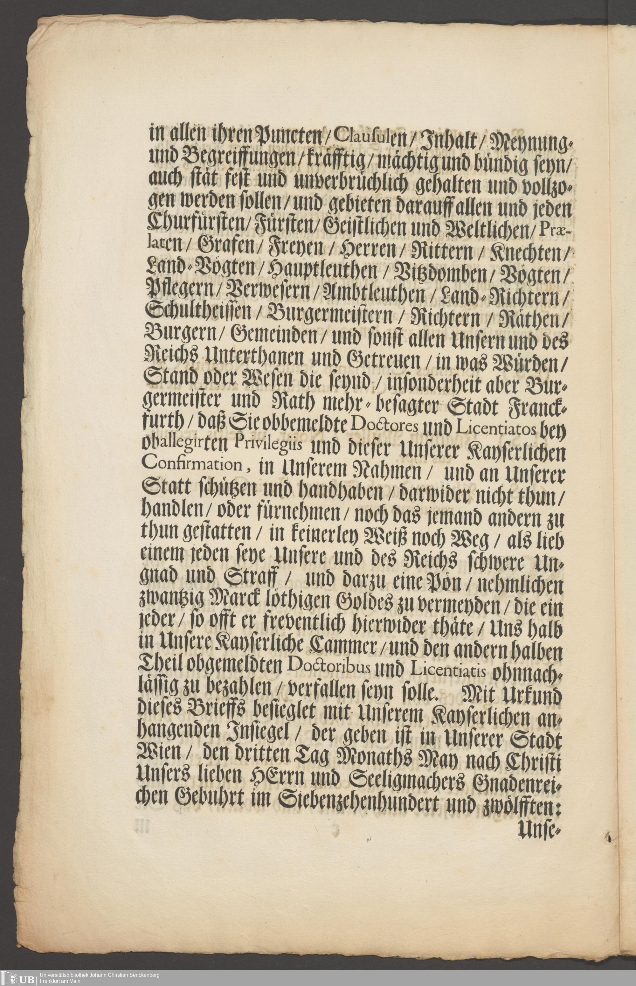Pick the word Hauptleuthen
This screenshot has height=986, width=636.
(322, 272)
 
